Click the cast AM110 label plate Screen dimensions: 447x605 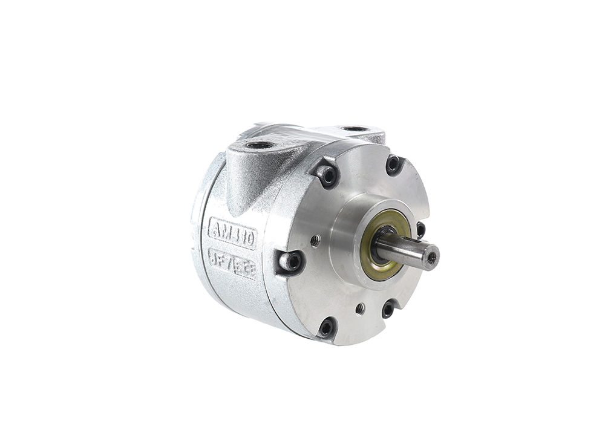(232, 232)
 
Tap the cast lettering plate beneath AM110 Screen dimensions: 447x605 (232, 263)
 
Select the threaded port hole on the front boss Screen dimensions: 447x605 (258, 145)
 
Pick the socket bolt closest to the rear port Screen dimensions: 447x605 (393, 163)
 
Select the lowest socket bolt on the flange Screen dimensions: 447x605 (327, 328)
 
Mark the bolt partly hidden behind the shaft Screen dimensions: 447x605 (420, 229)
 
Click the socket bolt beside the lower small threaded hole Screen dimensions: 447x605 (388, 309)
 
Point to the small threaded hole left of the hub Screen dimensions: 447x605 (315, 240)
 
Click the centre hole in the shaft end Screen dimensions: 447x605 (431, 256)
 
